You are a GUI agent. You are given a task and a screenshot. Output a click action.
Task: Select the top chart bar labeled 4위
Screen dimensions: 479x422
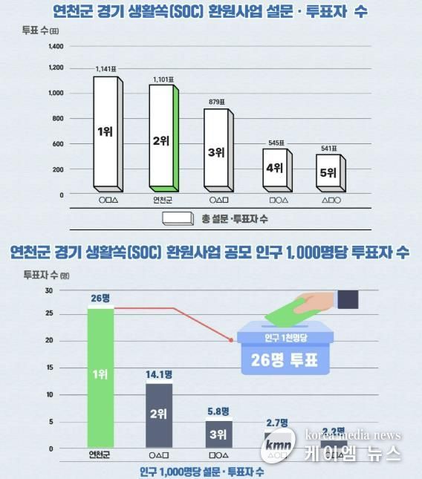274,168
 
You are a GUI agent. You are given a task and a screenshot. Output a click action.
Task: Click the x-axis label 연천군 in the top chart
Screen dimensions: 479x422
163,199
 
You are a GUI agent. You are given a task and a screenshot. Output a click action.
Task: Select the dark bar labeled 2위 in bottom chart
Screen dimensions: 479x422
159,414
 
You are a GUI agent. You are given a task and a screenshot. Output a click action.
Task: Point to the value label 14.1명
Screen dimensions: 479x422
159,374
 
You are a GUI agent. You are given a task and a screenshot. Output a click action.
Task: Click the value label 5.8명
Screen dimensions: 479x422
218,411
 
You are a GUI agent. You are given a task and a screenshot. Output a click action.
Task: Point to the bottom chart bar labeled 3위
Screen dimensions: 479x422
218,434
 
